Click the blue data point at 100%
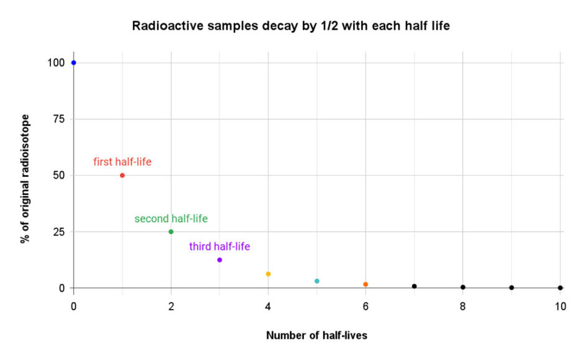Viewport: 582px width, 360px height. click(x=73, y=63)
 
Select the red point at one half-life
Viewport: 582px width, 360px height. click(x=122, y=175)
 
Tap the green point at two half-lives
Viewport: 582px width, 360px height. click(x=171, y=232)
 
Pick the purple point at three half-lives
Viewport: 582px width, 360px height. click(x=220, y=259)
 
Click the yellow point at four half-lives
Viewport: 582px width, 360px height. click(x=268, y=274)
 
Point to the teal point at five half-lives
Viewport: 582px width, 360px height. click(x=317, y=281)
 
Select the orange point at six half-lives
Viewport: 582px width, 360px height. click(x=365, y=284)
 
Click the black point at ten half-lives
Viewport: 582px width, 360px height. click(x=560, y=287)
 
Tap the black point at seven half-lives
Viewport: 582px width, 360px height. click(x=414, y=286)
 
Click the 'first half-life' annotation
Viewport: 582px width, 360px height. click(x=122, y=162)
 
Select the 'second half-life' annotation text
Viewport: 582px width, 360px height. click(x=171, y=218)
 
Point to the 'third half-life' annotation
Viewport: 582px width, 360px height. click(x=220, y=246)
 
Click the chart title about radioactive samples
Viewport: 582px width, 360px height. click(x=291, y=27)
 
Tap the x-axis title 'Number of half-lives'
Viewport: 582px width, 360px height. click(x=316, y=335)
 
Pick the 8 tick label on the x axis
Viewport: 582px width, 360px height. click(x=463, y=306)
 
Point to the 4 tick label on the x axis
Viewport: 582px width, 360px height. click(x=268, y=306)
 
